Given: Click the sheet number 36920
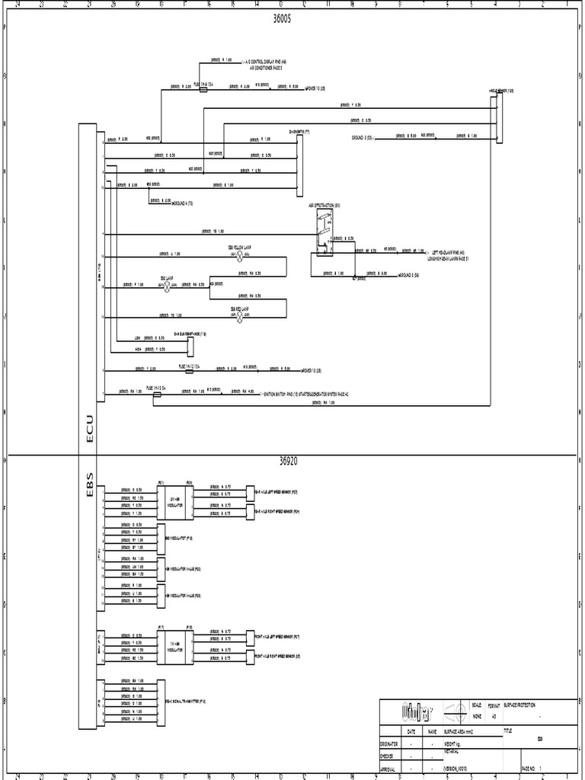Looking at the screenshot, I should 292,462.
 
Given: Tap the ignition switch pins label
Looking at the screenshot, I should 305,395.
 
